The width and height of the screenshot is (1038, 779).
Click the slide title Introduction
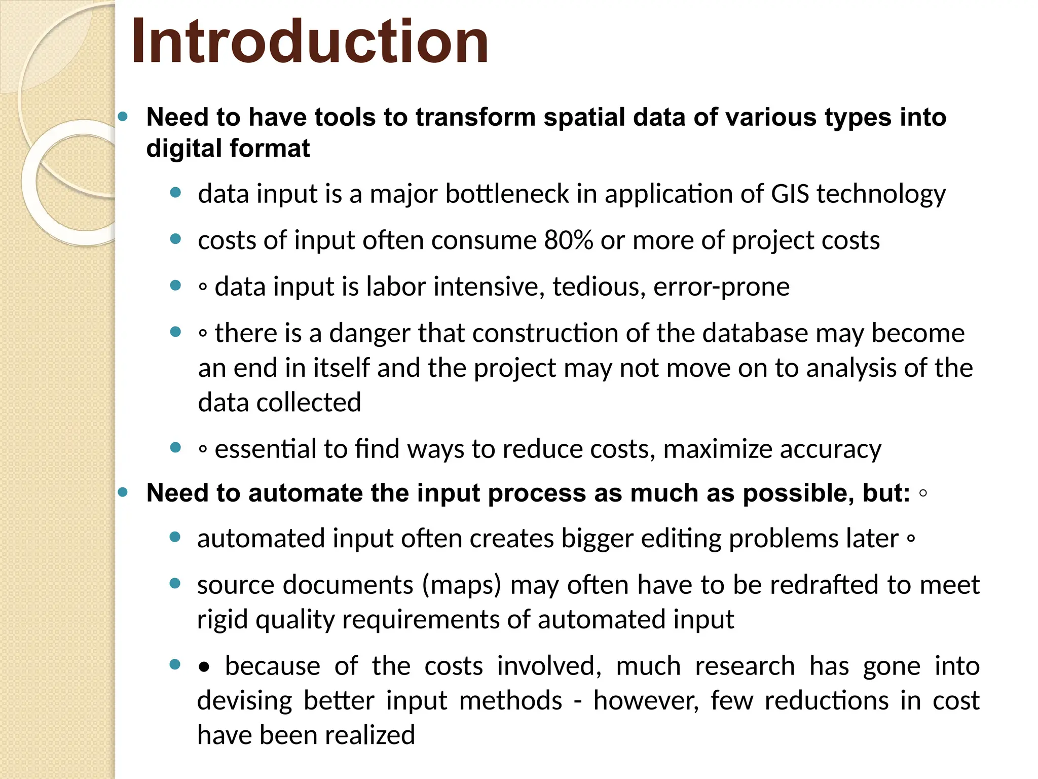(x=310, y=42)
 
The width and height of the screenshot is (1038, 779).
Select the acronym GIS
(x=790, y=194)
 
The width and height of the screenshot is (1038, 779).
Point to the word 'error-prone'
(x=721, y=287)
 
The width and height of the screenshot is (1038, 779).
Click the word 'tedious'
(x=599, y=287)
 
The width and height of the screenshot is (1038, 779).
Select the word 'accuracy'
(x=831, y=449)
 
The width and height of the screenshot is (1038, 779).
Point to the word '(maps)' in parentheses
(x=461, y=585)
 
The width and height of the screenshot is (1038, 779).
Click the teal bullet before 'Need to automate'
(x=123, y=492)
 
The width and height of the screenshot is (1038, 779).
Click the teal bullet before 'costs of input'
(x=175, y=239)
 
